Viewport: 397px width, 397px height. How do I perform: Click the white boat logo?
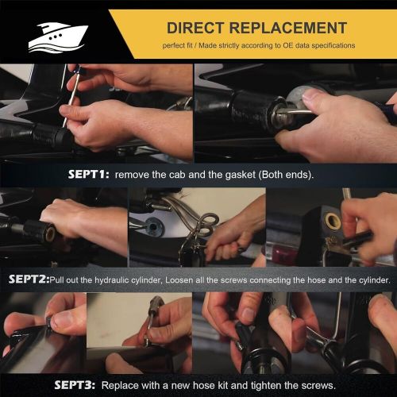58,37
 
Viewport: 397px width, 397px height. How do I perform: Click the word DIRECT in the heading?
195,28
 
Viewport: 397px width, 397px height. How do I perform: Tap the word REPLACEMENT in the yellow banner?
288,28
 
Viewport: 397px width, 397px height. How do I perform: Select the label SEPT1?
88,175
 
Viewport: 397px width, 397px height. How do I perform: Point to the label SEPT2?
29,279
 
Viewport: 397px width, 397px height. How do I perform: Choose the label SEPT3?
75,385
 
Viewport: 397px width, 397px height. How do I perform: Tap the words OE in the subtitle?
287,45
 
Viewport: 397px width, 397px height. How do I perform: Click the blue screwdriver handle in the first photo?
79,69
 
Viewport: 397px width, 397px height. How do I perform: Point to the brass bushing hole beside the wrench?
333,220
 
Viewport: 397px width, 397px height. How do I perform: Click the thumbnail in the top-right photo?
314,95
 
